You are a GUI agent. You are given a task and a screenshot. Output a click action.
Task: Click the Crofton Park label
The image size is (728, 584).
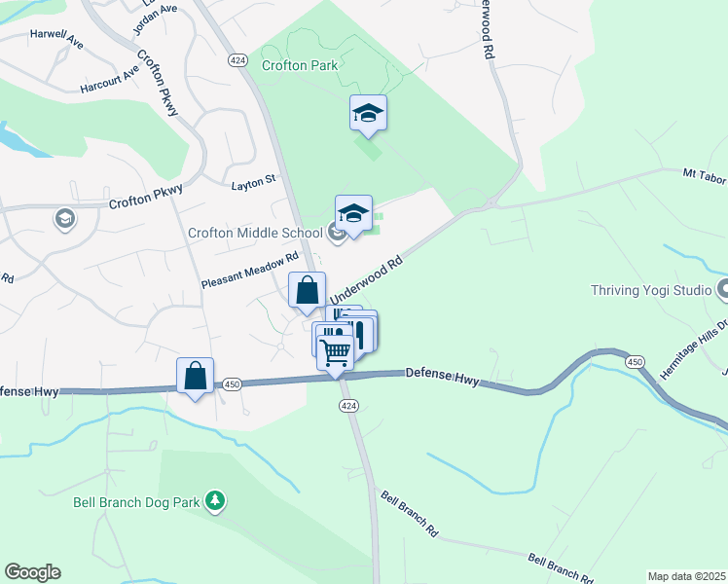tap(300, 65)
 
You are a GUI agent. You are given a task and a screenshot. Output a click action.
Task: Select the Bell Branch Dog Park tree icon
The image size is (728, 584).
tap(215, 501)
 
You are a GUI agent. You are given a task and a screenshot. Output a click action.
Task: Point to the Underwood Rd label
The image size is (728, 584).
tap(366, 280)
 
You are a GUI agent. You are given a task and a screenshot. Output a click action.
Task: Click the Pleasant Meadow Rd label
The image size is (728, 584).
tap(249, 272)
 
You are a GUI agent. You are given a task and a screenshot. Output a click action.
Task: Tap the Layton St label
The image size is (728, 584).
tap(254, 181)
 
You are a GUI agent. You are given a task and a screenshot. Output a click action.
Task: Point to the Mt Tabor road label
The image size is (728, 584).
tap(704, 174)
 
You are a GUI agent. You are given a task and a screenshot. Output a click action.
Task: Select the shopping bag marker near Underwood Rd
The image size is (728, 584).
tap(308, 291)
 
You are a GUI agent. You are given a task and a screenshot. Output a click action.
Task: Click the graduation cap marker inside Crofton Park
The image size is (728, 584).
tap(369, 113)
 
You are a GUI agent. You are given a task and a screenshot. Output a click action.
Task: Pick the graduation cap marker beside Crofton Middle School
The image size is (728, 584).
tap(353, 213)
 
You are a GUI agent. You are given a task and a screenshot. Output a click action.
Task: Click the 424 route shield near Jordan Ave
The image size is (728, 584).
tap(237, 60)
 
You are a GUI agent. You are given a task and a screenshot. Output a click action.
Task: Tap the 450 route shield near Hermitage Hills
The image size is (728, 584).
tap(635, 362)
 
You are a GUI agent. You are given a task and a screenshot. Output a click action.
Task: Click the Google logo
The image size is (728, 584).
tap(32, 572)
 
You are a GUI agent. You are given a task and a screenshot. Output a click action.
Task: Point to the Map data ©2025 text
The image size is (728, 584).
tap(686, 576)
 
